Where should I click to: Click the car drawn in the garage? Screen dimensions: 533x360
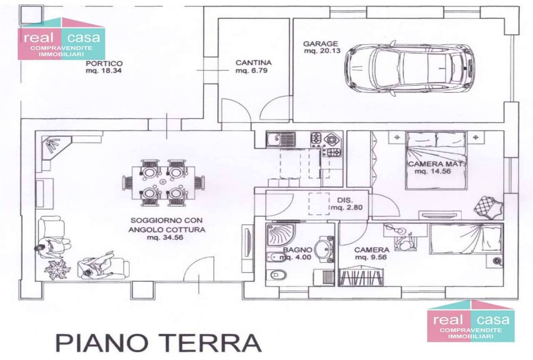[409, 68]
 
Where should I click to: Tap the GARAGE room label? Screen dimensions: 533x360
[321, 44]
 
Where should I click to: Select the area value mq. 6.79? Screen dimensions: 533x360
[252, 71]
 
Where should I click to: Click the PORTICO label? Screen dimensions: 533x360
[104, 64]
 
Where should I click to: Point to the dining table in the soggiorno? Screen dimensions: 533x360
[164, 183]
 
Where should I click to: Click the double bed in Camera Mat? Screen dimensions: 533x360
[436, 161]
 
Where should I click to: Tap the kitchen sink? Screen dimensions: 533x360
[281, 139]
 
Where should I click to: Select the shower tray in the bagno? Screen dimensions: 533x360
[281, 234]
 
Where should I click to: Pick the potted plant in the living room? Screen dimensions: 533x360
[57, 269]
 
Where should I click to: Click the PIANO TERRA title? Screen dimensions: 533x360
[159, 343]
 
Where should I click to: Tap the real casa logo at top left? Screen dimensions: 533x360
[61, 39]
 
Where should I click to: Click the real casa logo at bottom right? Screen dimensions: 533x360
[471, 321]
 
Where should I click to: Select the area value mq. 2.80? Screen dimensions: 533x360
[347, 208]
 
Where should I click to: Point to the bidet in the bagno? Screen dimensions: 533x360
[274, 257]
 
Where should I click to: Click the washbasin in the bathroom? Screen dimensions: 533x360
[324, 249]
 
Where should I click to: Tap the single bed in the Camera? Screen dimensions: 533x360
[466, 239]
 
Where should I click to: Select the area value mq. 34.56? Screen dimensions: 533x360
[165, 237]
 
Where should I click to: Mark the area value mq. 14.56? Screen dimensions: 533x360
[433, 171]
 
